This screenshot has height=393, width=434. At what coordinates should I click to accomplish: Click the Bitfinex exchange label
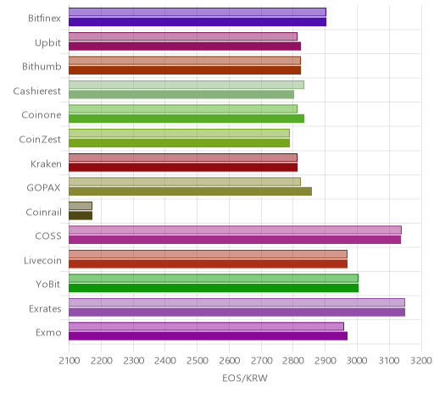44,19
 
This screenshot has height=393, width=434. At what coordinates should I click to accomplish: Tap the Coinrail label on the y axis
43,212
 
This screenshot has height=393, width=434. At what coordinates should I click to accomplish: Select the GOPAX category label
43,188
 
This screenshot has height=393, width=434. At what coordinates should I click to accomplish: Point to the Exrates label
45,308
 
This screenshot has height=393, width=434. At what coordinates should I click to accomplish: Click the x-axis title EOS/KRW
245,378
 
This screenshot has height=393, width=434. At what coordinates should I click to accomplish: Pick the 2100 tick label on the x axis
70,361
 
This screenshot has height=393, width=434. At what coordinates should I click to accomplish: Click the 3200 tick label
421,361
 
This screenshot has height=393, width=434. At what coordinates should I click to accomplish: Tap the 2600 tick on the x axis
229,361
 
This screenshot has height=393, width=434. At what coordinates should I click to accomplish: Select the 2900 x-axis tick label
325,361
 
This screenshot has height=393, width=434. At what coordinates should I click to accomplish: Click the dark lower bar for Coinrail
81,216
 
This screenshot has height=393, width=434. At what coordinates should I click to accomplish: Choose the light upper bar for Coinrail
81,206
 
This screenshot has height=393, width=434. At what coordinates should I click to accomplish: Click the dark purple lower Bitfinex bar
198,22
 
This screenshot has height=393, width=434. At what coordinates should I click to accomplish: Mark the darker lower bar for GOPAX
190,191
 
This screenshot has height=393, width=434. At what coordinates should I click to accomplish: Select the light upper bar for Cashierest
186,85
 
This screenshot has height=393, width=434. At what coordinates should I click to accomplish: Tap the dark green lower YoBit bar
214,288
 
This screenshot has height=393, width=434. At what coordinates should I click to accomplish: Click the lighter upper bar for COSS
235,230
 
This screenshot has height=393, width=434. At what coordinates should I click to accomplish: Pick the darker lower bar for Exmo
208,336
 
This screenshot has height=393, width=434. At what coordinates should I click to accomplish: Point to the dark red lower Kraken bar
183,168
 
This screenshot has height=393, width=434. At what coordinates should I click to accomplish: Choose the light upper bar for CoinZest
179,133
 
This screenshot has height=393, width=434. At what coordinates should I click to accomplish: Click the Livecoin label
42,260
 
